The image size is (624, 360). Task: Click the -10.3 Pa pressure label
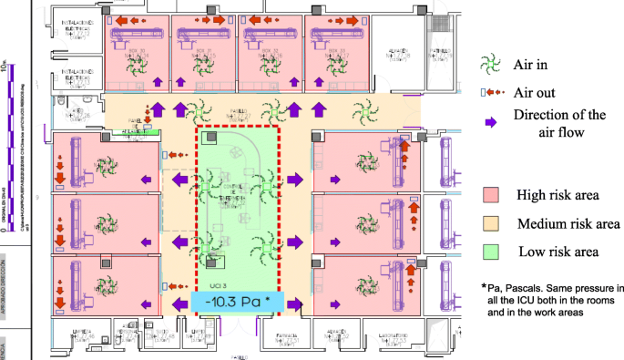click(239, 302)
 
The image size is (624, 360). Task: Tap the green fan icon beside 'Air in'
click(492, 64)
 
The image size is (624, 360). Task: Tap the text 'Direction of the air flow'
click(559, 123)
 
